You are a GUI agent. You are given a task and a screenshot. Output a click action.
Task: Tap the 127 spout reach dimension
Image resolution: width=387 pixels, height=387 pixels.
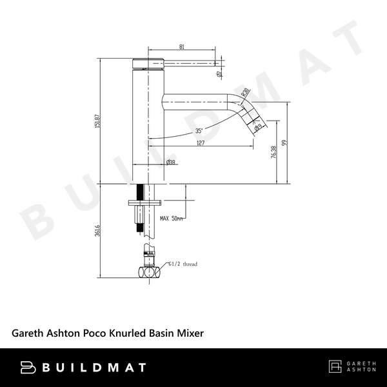201,143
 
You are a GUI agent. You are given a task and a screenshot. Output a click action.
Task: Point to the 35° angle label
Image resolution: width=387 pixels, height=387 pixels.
200,132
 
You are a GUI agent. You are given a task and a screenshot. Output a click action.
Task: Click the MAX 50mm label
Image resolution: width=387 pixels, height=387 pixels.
172,219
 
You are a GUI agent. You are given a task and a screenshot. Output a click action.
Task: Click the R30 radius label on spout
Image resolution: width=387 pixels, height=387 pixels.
244,95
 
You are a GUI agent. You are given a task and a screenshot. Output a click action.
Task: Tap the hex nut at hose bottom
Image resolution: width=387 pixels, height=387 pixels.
149,272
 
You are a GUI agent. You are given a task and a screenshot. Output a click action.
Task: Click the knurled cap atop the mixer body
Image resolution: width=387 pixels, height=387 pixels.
148,62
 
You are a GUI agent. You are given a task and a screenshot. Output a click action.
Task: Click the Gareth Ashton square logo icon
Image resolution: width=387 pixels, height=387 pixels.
335,368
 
